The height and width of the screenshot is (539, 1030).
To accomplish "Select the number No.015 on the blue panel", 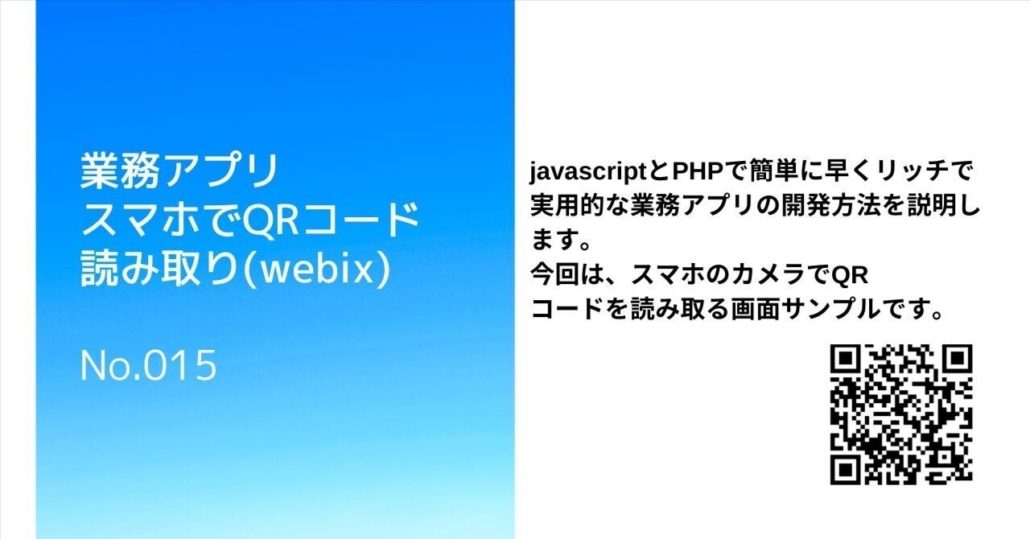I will [149, 366].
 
